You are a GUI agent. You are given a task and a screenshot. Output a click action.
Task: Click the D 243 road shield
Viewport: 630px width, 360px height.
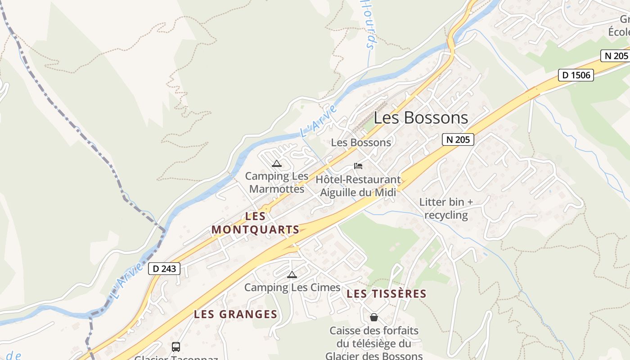click(x=164, y=269)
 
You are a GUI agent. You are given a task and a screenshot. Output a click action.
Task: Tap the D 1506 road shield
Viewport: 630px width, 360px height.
click(x=576, y=75)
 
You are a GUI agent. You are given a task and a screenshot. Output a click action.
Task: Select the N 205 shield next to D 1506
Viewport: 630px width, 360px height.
click(x=614, y=56)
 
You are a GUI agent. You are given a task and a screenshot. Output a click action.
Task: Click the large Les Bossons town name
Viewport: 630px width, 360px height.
click(x=421, y=118)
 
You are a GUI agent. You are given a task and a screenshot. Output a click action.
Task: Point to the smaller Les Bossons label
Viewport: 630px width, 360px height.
click(x=361, y=143)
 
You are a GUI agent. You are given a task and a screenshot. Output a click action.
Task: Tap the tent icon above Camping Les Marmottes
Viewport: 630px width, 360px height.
click(x=277, y=163)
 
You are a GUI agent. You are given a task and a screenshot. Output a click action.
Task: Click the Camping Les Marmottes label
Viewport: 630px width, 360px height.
click(x=277, y=182)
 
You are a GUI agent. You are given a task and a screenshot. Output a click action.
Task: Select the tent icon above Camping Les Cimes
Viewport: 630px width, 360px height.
click(x=292, y=274)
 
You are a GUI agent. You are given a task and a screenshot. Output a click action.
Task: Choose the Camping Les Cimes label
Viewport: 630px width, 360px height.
click(x=292, y=287)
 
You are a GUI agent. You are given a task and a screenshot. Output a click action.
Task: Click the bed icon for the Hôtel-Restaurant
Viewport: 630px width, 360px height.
click(x=358, y=166)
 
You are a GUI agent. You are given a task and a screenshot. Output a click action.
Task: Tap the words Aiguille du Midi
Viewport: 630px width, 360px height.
click(x=358, y=193)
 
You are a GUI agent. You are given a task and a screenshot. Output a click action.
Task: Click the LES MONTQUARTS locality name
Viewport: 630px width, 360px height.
click(x=256, y=223)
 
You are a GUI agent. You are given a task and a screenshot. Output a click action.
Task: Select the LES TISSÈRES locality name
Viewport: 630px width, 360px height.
click(x=387, y=294)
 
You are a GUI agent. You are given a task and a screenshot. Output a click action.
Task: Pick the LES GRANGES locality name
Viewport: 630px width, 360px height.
click(x=235, y=315)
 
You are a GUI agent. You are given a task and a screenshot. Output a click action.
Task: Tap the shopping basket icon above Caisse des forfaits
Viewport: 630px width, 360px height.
click(x=373, y=317)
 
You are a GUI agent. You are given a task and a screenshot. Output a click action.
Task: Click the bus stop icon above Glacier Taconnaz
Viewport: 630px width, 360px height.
click(x=176, y=347)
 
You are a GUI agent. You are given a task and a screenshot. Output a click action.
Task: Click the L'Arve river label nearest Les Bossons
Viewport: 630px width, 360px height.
click(x=318, y=121)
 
